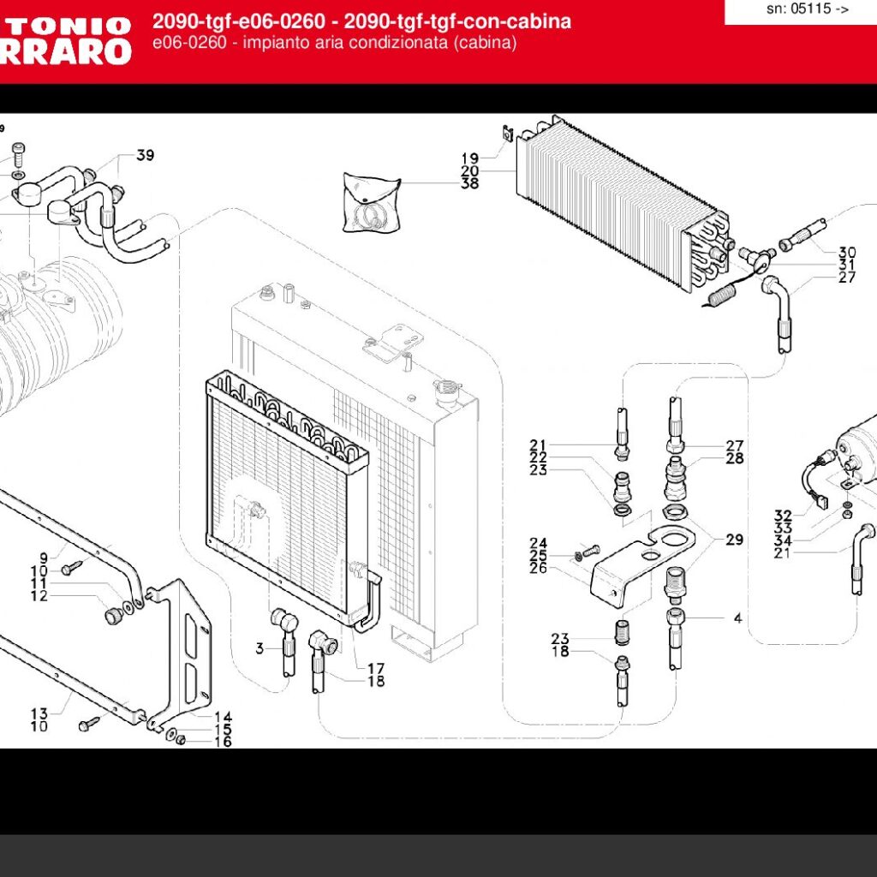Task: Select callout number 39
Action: point(145,155)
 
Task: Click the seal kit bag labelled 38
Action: point(370,202)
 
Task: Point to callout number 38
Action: point(469,183)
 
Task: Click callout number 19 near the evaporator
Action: point(469,158)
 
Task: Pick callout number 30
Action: point(846,252)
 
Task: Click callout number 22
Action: point(538,457)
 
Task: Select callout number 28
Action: point(735,459)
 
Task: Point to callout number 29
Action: point(735,540)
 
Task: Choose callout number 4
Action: point(737,618)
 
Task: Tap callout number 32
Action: point(783,516)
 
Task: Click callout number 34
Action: point(783,540)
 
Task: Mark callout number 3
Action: point(260,648)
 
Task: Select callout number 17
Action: point(375,668)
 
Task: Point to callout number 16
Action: point(223,742)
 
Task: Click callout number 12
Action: point(39,596)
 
